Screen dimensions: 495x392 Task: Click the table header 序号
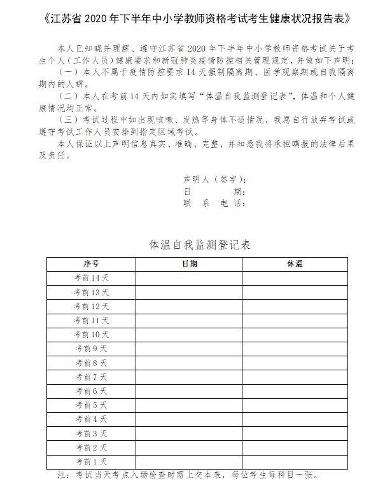91,263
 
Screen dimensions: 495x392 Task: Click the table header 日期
188,263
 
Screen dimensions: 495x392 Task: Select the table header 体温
295,263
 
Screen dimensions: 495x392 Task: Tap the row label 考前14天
91,278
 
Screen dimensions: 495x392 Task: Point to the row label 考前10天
91,335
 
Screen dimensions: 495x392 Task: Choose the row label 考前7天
91,377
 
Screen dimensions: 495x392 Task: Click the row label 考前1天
91,461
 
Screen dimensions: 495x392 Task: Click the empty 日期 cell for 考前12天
188,306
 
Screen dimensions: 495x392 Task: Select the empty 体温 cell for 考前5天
295,405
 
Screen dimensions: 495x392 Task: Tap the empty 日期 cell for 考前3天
188,433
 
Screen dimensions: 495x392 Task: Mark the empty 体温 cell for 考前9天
295,349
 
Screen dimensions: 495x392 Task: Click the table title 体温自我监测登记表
196,244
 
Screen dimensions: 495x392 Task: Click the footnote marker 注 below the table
62,475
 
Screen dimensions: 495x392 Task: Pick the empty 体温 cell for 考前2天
295,447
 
